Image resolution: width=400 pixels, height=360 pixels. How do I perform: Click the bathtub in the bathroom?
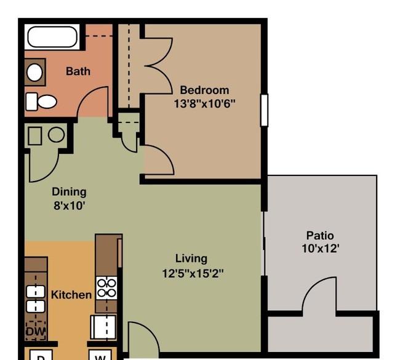(x=52, y=37)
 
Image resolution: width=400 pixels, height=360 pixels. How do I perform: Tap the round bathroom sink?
(x=34, y=72)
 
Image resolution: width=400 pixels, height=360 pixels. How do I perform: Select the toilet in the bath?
(x=41, y=102)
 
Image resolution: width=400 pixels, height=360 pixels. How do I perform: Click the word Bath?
(x=78, y=71)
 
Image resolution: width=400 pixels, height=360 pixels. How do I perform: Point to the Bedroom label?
(x=204, y=90)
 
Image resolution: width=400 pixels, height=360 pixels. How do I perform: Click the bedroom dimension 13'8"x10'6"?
(x=204, y=103)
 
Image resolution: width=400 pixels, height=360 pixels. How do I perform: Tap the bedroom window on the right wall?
(x=264, y=110)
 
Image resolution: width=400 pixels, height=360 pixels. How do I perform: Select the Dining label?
(x=69, y=191)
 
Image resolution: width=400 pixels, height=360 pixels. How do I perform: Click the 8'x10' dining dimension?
(x=69, y=205)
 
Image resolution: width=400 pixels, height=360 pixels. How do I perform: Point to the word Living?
(x=191, y=258)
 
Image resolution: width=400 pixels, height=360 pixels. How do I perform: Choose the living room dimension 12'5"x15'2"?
(x=193, y=273)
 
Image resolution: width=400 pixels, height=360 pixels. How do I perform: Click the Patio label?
(x=320, y=235)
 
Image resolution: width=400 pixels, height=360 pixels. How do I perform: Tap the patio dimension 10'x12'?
(x=321, y=248)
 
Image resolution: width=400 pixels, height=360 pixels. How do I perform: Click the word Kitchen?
(x=71, y=295)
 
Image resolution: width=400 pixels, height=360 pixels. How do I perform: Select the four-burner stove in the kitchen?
(x=106, y=288)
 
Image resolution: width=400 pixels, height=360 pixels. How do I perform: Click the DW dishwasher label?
(x=36, y=332)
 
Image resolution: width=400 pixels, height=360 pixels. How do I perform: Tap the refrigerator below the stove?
(x=103, y=327)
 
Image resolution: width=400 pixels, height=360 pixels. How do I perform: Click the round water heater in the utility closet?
(x=57, y=134)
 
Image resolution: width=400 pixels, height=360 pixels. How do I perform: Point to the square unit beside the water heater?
(x=35, y=136)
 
